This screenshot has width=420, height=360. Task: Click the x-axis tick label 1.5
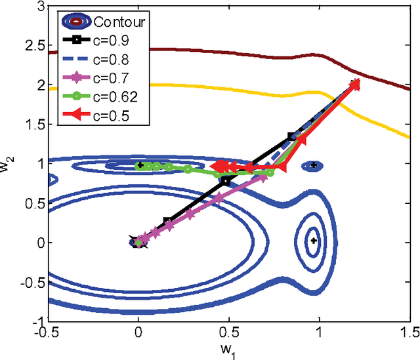point(409,332)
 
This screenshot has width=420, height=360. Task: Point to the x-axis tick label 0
point(138,332)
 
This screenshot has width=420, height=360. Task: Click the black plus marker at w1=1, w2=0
point(314,241)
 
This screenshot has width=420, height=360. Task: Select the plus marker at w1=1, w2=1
point(314,165)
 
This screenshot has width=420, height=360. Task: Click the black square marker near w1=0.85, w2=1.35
point(292,137)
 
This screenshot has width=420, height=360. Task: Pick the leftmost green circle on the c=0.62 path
point(139,167)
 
